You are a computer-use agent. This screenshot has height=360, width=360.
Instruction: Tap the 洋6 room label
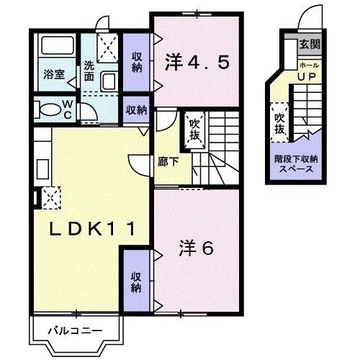(196, 248)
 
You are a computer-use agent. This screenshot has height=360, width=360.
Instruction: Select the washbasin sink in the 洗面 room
(110, 81)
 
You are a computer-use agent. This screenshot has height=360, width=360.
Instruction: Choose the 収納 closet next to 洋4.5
(137, 63)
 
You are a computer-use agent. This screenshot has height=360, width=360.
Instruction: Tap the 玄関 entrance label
(310, 45)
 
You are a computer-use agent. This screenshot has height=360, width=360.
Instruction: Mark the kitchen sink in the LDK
(41, 164)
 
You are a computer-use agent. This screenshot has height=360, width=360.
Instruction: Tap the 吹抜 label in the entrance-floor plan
(279, 123)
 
